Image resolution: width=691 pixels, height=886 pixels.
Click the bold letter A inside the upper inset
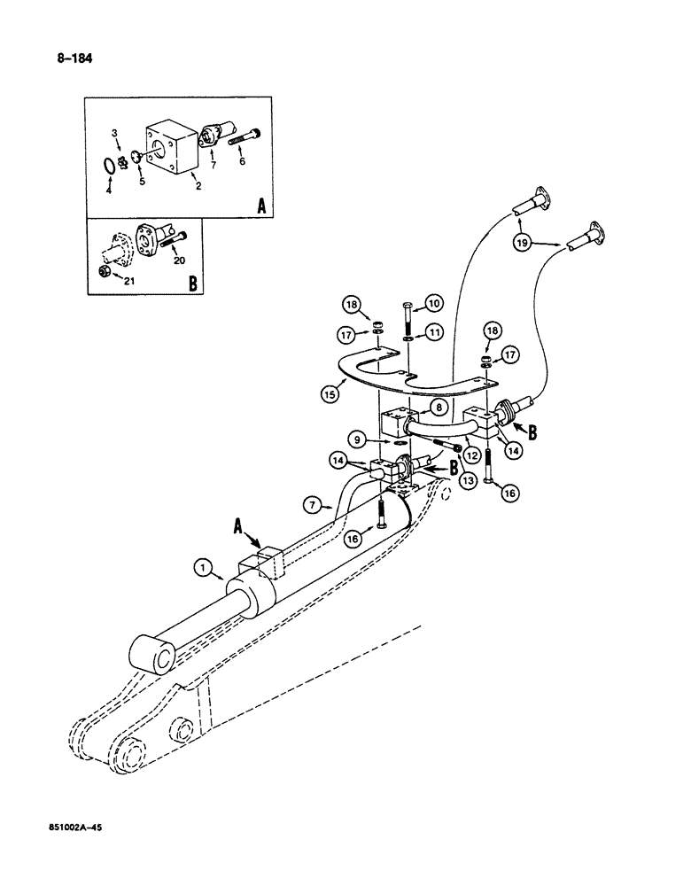260,207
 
